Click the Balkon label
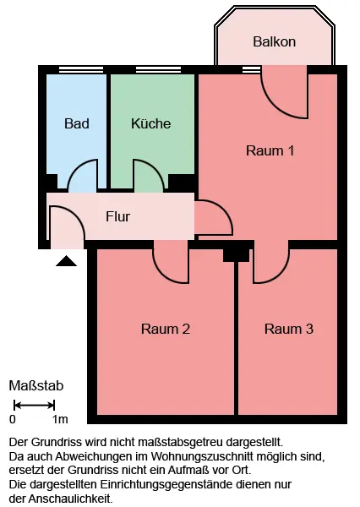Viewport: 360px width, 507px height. click(275, 41)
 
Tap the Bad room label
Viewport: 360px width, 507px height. click(77, 123)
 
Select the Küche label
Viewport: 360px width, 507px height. click(150, 123)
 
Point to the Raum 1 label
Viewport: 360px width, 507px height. click(270, 150)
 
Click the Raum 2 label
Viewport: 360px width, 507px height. click(166, 329)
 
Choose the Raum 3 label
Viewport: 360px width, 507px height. click(289, 329)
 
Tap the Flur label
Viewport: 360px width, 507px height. click(117, 216)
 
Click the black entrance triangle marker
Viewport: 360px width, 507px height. click(66, 261)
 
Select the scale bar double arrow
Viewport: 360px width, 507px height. click(35, 405)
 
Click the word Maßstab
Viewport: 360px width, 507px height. click(35, 386)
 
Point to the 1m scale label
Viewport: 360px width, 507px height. click(60, 419)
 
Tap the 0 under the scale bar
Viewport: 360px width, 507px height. click(13, 419)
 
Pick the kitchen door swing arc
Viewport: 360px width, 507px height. click(157, 168)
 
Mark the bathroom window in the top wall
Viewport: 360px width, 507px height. click(81, 69)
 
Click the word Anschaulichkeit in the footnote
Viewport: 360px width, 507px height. click(70, 499)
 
